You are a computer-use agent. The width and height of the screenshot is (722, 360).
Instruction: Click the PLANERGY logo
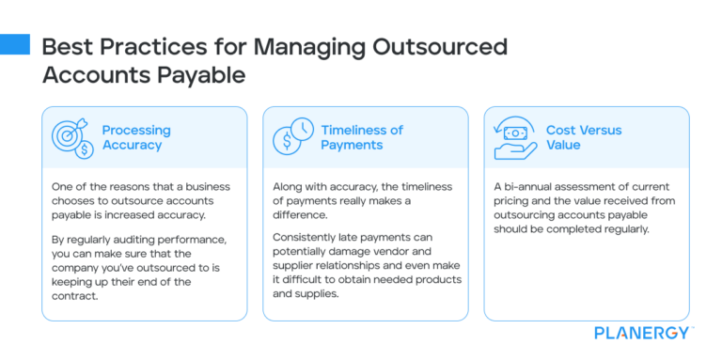pyautogui.click(x=644, y=332)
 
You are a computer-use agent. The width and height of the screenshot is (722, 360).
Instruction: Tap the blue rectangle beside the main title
pyautogui.click(x=14, y=44)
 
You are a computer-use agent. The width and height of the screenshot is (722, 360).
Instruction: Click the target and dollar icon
pyautogui.click(x=71, y=137)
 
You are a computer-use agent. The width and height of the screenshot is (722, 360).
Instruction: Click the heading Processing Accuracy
pyautogui.click(x=136, y=137)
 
